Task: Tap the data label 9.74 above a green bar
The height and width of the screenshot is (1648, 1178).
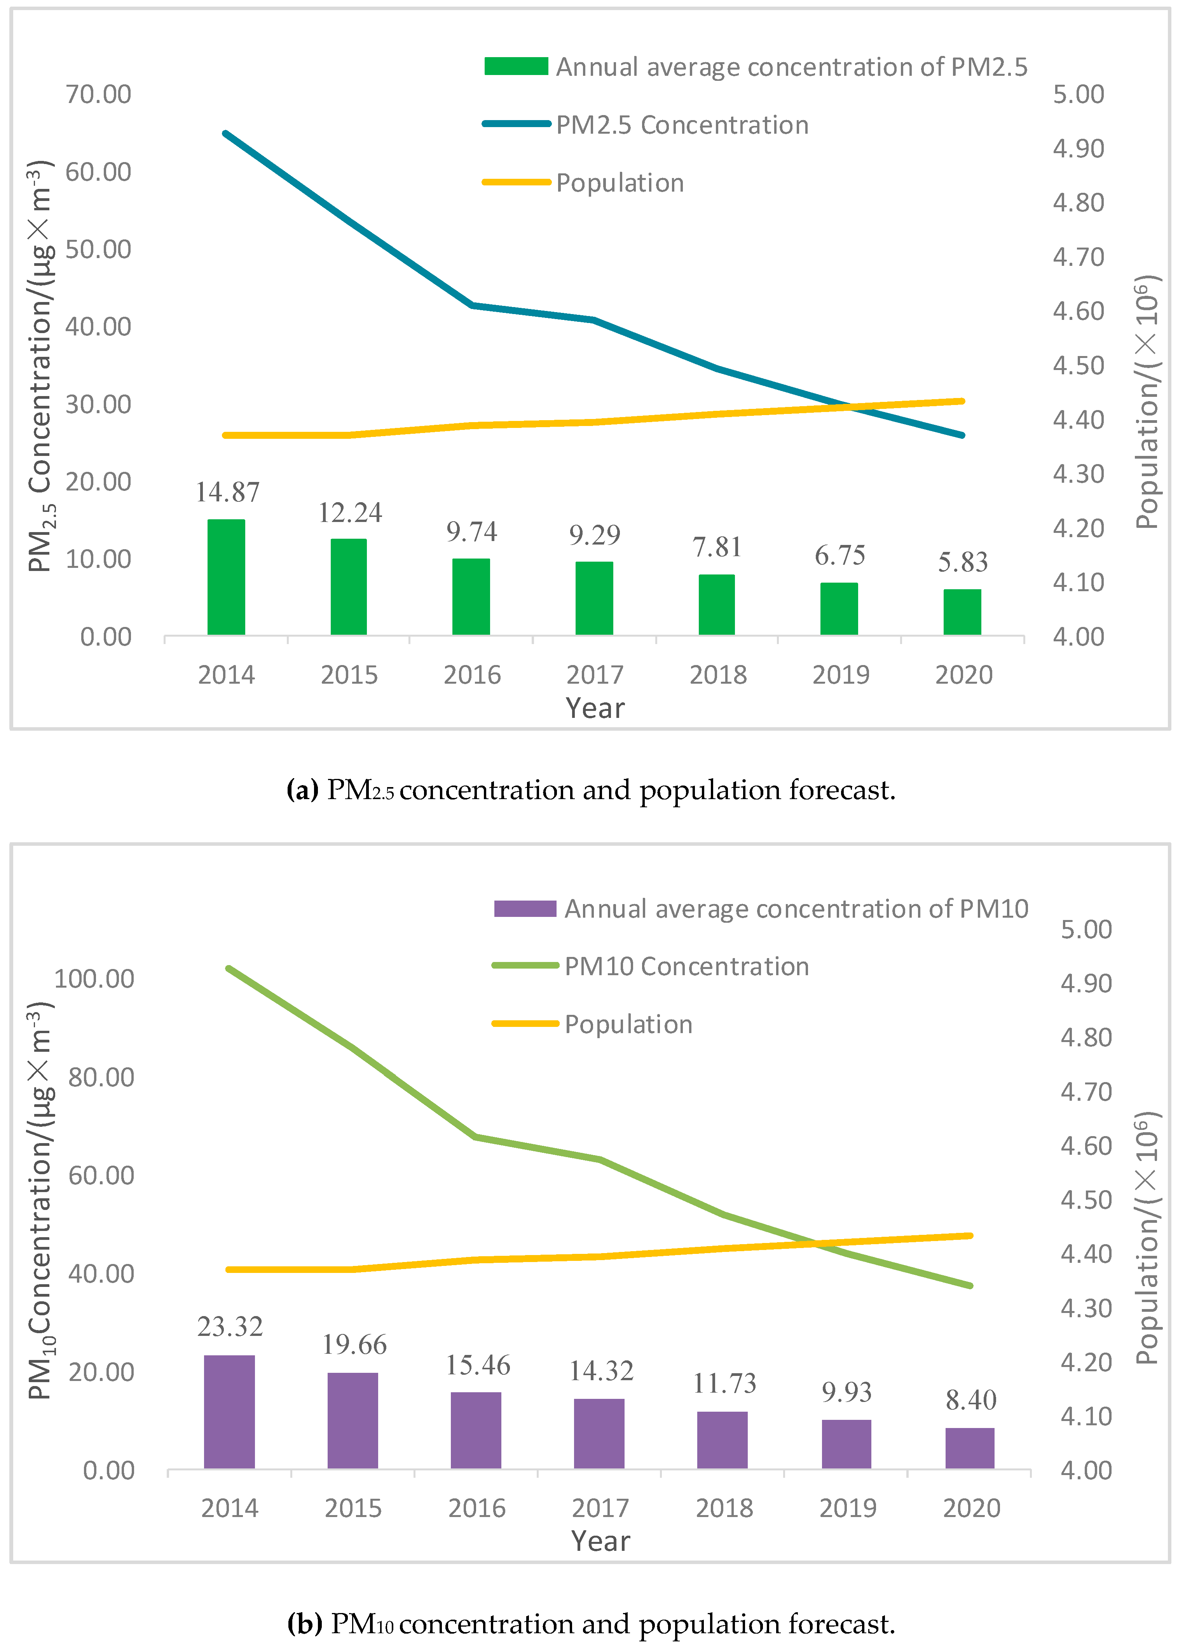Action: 471,532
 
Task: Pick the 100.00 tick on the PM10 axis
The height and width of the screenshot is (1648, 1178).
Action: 94,979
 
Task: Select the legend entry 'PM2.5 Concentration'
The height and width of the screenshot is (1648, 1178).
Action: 682,125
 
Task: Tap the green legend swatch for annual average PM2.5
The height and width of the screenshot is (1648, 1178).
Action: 516,66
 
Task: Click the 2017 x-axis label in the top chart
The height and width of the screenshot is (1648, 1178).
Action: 595,675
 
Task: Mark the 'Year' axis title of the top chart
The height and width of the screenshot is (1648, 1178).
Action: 595,708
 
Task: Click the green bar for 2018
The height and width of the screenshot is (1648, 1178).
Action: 717,605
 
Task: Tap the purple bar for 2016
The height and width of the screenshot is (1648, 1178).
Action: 476,1430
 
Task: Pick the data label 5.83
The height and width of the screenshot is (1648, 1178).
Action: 963,562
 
